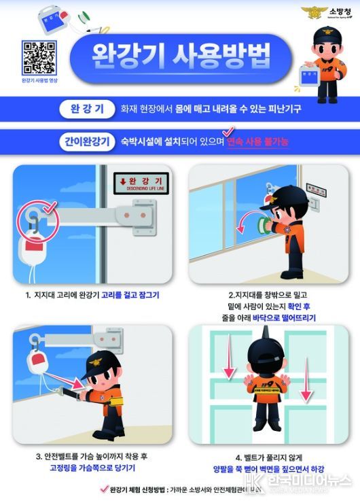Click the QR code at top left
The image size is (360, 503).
[39, 58]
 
